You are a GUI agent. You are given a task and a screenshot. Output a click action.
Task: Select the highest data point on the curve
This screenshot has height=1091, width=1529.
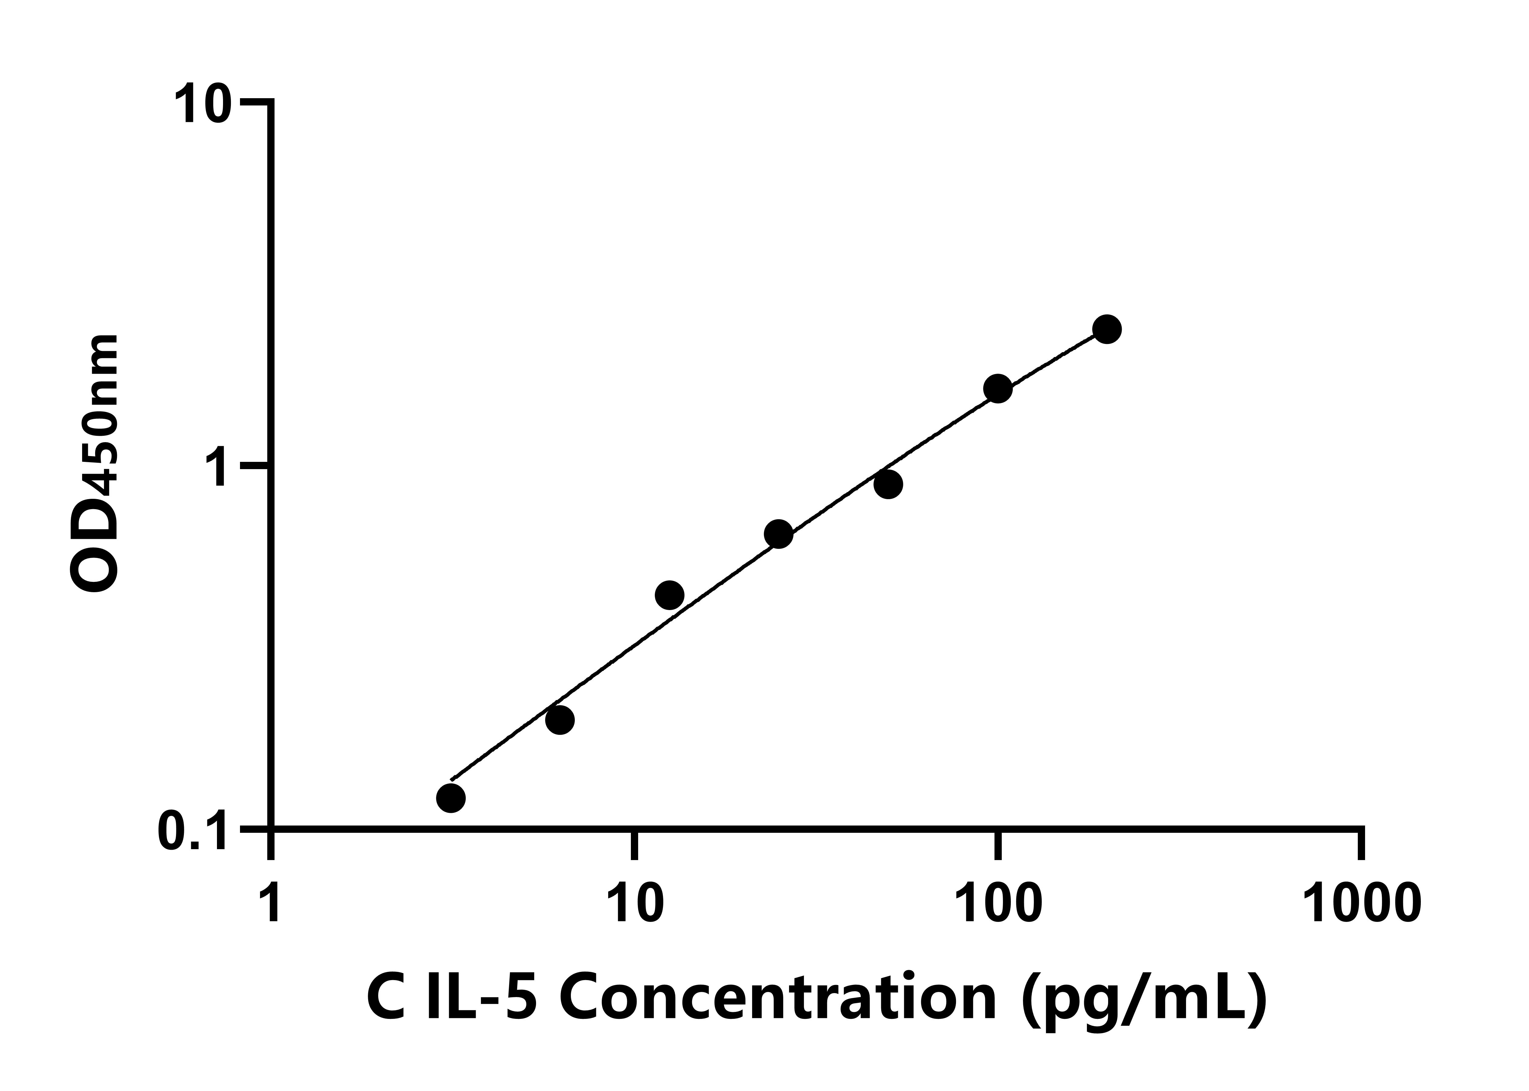coord(1107,329)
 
